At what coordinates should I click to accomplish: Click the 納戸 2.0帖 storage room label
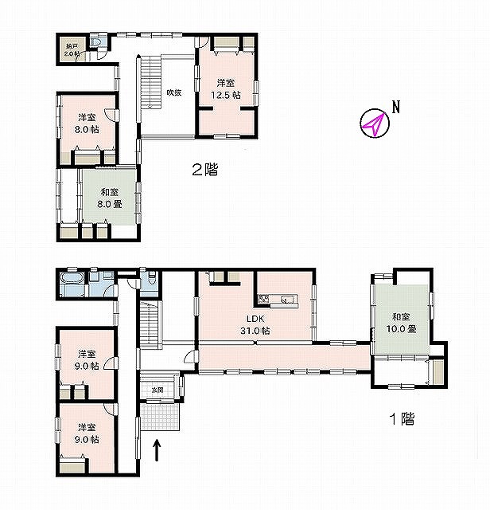click(72, 50)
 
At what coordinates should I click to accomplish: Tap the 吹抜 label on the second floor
click(174, 92)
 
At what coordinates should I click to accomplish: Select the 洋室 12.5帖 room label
click(226, 89)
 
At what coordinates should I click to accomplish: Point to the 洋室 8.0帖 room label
click(87, 124)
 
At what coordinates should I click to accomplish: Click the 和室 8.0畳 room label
click(110, 198)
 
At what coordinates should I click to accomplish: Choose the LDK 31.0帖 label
click(255, 325)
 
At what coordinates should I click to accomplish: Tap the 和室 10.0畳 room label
click(402, 323)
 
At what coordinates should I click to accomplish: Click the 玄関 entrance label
click(157, 390)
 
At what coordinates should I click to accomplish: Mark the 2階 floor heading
click(205, 170)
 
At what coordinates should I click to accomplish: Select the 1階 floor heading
click(402, 418)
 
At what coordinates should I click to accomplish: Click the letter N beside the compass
click(396, 107)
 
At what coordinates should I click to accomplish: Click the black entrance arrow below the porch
click(157, 450)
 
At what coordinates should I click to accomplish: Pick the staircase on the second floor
click(151, 81)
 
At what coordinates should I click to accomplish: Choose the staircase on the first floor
click(150, 324)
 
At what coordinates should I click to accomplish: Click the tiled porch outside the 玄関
click(160, 417)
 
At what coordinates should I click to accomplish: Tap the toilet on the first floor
click(151, 279)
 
